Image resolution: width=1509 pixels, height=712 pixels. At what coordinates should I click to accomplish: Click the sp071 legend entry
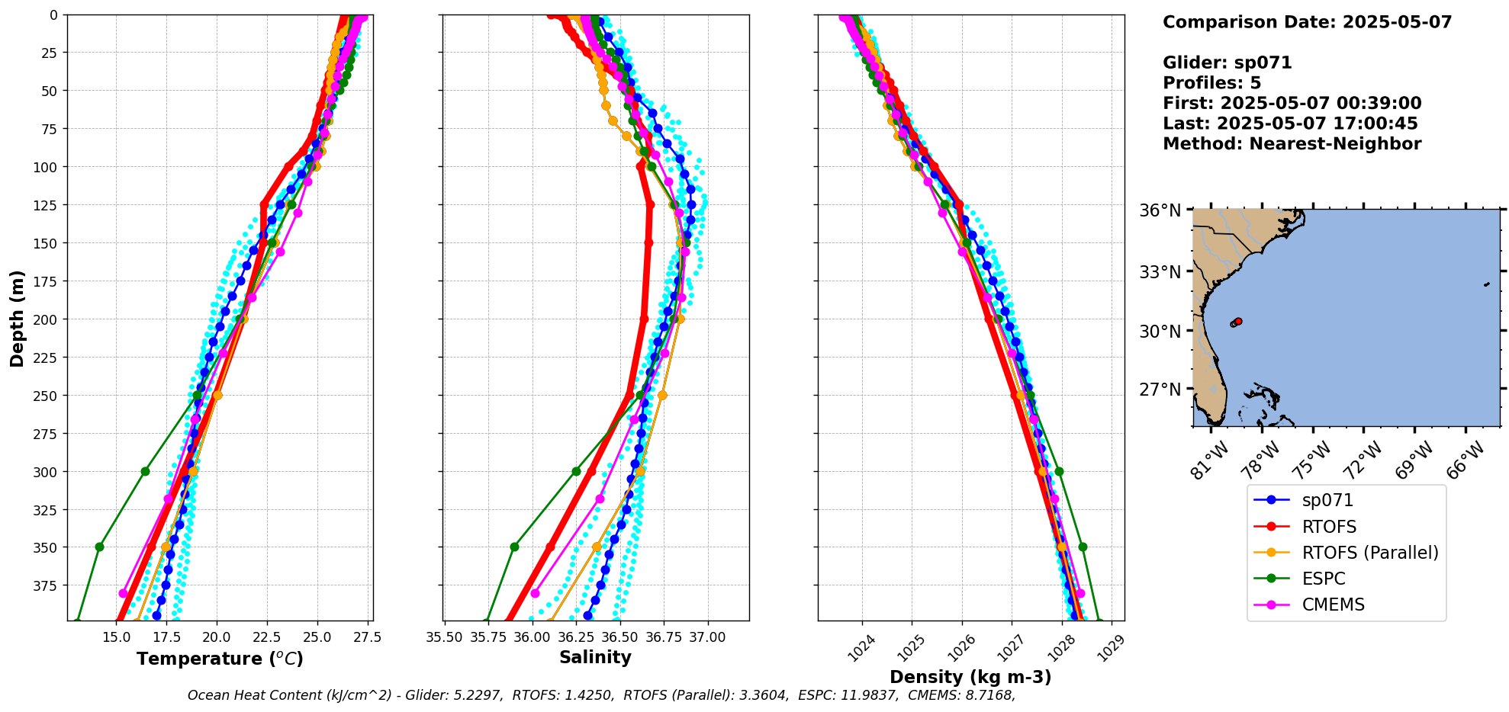point(1327,501)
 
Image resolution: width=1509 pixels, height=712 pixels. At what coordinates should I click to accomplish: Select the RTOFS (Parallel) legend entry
point(1369,553)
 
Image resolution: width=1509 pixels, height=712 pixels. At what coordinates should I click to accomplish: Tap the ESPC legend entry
point(1323,579)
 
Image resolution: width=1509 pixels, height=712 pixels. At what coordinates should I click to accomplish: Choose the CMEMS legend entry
point(1333,605)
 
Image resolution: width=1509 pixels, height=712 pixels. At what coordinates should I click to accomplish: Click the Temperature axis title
point(220,659)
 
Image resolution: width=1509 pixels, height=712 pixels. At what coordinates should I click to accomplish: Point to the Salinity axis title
point(595,657)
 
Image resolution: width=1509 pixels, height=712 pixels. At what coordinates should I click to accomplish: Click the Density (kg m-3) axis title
point(970,677)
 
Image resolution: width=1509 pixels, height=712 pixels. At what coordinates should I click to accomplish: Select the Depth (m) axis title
point(17,318)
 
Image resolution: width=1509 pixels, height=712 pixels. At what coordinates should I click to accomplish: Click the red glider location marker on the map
point(1238,321)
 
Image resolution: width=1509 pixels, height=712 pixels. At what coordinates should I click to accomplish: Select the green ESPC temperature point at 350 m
point(99,547)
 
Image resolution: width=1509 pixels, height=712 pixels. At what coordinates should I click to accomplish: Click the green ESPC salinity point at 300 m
point(576,471)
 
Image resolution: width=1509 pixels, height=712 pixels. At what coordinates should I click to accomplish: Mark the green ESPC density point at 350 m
point(1083,547)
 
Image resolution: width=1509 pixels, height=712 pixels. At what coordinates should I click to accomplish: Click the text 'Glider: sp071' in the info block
point(1227,63)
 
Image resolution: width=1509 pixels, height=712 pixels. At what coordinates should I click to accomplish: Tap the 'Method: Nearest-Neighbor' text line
point(1292,144)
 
